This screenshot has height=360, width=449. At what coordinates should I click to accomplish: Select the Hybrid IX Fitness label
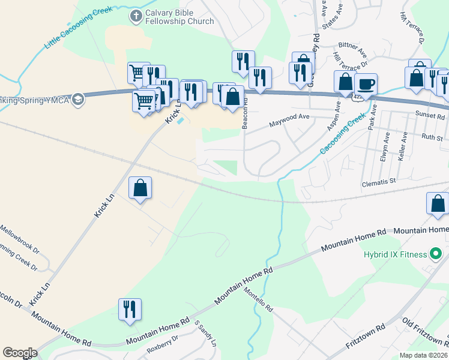[x=394, y=254]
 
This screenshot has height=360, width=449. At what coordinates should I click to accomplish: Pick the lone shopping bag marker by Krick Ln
[x=140, y=188]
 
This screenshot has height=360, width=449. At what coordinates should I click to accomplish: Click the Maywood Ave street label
[x=289, y=117]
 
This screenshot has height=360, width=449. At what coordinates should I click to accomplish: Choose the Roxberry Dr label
[x=163, y=346]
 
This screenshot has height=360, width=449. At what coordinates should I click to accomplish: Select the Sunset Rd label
[x=428, y=112]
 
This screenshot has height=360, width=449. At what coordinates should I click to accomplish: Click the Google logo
[x=20, y=353]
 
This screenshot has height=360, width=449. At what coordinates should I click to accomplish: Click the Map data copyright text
[x=424, y=355]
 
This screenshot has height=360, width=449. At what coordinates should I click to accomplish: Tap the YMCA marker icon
[x=77, y=100]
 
